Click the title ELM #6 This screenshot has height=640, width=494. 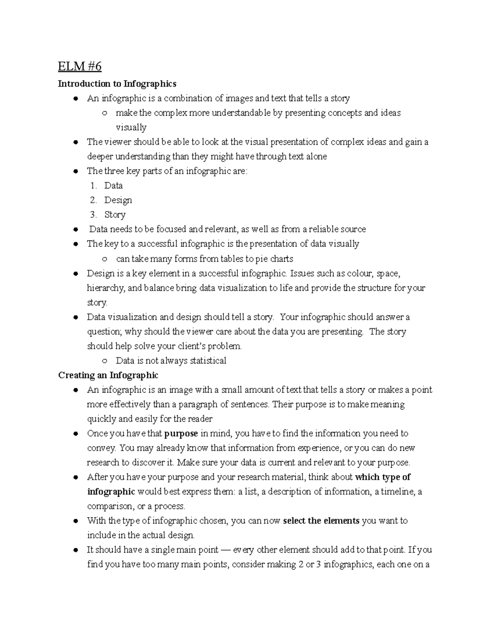tap(79, 67)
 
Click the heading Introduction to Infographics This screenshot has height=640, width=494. tap(117, 84)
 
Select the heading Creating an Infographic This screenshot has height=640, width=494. tap(108, 375)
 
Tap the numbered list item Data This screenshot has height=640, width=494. tap(113, 185)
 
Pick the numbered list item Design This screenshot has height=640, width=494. tap(118, 200)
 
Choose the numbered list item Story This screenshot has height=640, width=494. tap(115, 215)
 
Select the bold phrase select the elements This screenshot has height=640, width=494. tap(322, 521)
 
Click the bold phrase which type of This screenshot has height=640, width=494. tap(382, 477)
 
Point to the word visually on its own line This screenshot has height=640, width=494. tap(131, 127)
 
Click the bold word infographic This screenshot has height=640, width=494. tap(111, 492)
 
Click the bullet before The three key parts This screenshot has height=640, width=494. tap(75, 171)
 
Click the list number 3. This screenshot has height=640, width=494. tap(93, 215)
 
